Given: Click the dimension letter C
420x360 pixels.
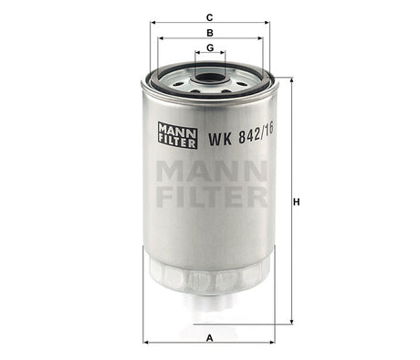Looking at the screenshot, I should (209, 16).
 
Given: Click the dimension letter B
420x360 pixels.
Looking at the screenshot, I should (209, 31).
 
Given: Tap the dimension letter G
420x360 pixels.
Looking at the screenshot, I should (209, 47).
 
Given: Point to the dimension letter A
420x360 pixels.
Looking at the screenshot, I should (209, 337).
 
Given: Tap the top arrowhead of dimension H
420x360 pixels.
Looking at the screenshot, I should (292, 81).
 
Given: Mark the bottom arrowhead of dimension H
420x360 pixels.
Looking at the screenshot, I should (292, 322).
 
